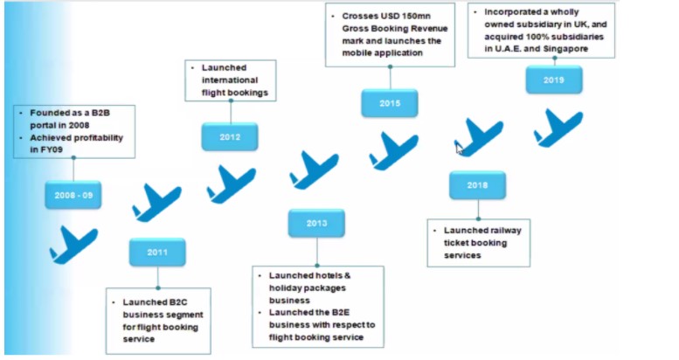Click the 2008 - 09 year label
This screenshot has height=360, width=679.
pyautogui.click(x=73, y=195)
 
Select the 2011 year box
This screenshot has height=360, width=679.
pyautogui.click(x=157, y=252)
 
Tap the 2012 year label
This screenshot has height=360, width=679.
pyautogui.click(x=230, y=136)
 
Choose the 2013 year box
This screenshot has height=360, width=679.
pyautogui.click(x=316, y=223)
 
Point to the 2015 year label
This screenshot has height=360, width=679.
pyautogui.click(x=390, y=103)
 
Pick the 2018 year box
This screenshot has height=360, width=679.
pyautogui.click(x=477, y=185)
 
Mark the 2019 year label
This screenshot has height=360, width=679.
pyautogui.click(x=553, y=80)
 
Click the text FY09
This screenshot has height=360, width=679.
pyautogui.click(x=52, y=149)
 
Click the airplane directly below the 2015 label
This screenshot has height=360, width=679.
pyautogui.click(x=392, y=150)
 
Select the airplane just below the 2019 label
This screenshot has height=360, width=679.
pyautogui.click(x=558, y=128)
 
